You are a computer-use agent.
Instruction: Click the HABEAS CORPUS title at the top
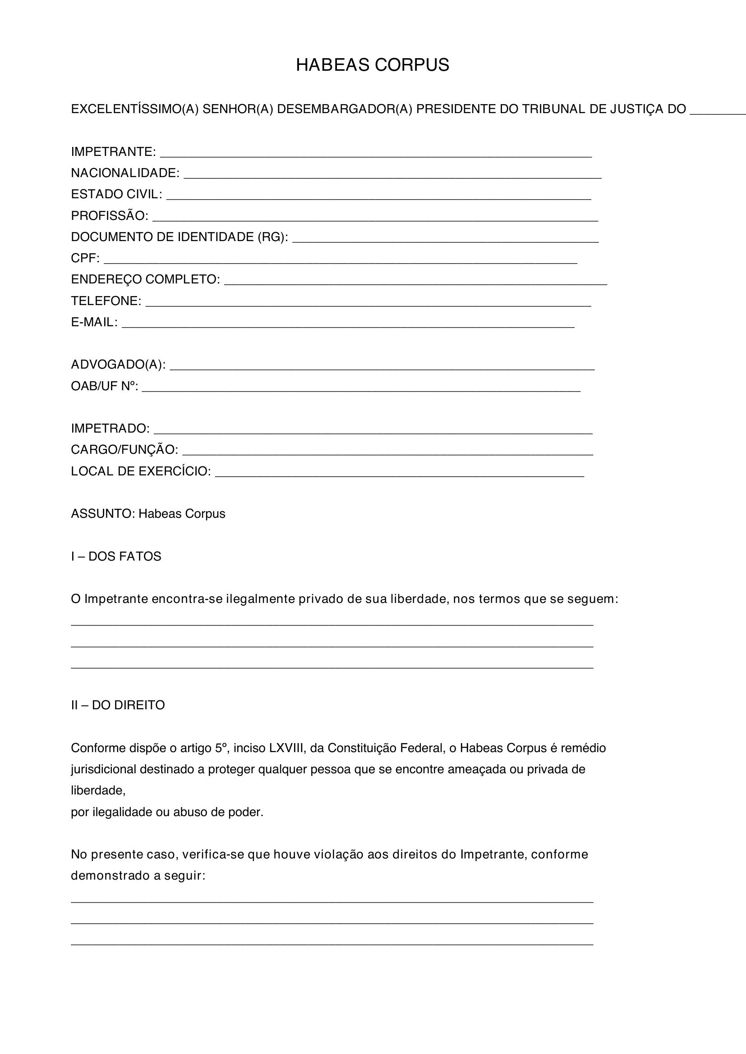(x=373, y=65)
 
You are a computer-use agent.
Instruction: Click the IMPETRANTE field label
(x=113, y=151)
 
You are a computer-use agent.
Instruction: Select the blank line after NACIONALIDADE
(x=392, y=175)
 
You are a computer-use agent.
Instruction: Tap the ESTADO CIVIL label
(x=116, y=194)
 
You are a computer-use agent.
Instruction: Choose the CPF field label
(x=84, y=258)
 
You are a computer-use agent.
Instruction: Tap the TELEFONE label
(x=106, y=301)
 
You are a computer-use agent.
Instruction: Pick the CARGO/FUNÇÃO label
(x=124, y=449)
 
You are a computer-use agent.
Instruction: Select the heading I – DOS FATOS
(x=116, y=557)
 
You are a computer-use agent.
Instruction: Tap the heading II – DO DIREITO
(x=118, y=705)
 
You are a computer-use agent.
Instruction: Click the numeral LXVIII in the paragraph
(x=287, y=748)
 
